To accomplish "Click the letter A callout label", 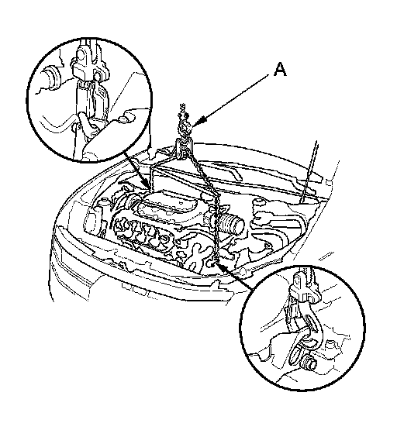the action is (280, 69).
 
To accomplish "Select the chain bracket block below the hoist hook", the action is (183, 149).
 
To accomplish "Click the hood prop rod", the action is (309, 171).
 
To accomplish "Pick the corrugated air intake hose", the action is (230, 222).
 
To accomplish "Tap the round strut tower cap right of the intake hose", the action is (257, 201).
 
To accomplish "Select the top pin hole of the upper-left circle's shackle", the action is (81, 56).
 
